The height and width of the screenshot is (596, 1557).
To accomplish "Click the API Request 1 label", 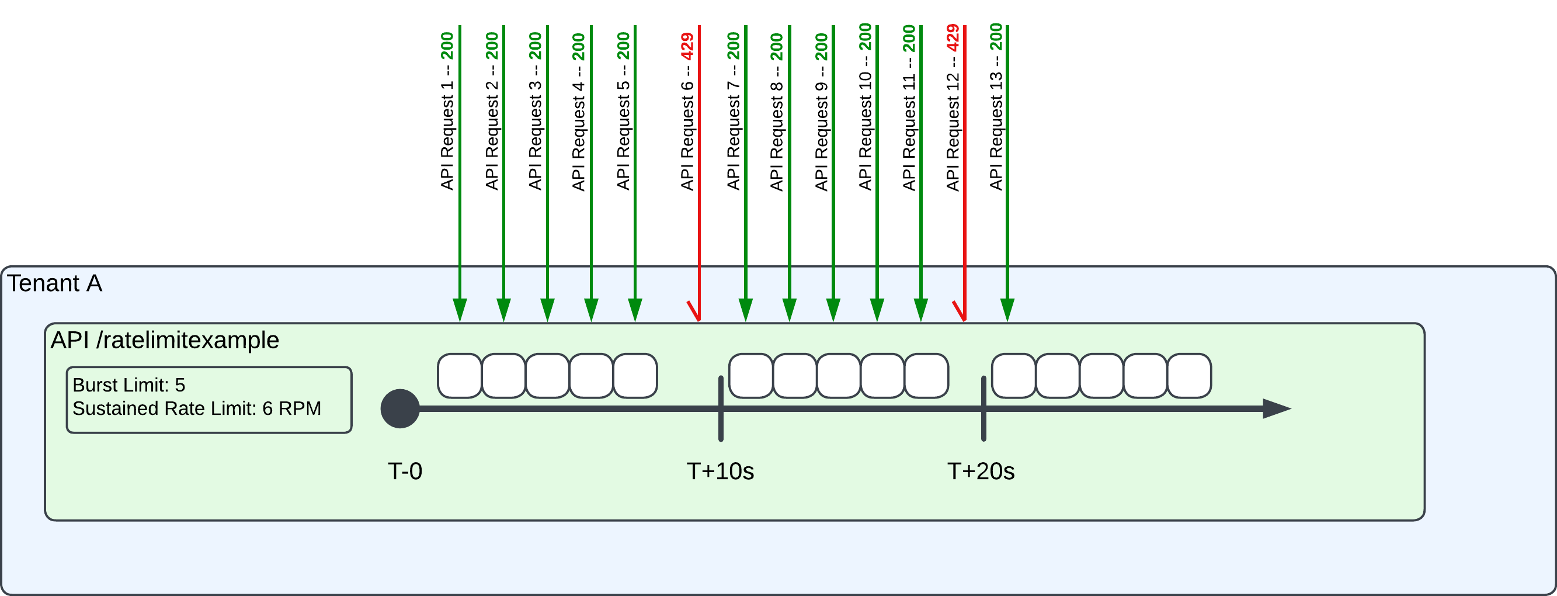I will click(x=447, y=112).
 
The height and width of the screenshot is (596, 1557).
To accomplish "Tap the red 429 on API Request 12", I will click(x=953, y=37).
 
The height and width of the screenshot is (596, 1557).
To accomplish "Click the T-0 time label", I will click(x=404, y=472).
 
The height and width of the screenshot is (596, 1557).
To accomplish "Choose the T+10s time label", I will click(x=720, y=472).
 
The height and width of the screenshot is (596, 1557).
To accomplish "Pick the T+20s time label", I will click(x=981, y=472).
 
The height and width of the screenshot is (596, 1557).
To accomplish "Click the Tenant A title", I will click(x=54, y=283).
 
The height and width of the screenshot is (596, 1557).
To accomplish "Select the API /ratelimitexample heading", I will click(x=165, y=340).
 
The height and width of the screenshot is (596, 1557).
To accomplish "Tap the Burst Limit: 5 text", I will click(x=128, y=385).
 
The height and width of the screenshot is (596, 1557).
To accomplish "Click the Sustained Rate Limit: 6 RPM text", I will click(x=196, y=408).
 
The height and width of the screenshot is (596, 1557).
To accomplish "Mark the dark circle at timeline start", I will click(x=400, y=408).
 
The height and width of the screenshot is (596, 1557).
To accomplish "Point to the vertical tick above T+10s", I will click(x=721, y=408).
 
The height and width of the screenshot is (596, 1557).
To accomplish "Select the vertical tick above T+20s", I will click(x=983, y=408).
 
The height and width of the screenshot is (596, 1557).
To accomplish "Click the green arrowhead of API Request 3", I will click(x=547, y=310).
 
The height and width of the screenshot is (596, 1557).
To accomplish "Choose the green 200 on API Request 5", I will click(x=623, y=46).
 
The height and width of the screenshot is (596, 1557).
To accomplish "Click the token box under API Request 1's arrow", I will click(x=460, y=376).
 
